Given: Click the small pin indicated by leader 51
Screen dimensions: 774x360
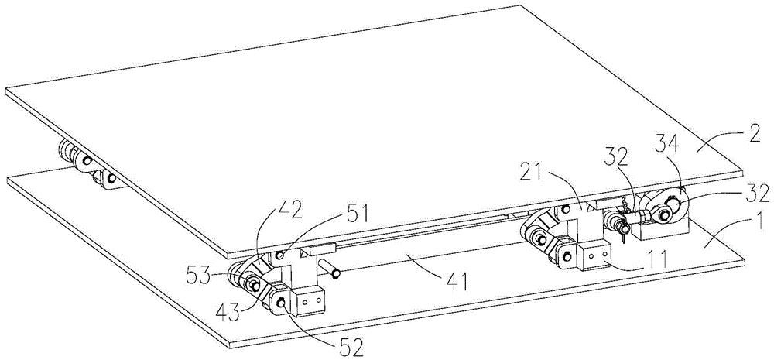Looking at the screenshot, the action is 279,255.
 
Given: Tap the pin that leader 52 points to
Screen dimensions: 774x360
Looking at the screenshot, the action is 282,303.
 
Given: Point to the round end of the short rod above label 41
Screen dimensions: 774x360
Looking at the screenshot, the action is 334,273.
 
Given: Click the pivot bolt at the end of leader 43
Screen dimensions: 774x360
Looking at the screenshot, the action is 255,285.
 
